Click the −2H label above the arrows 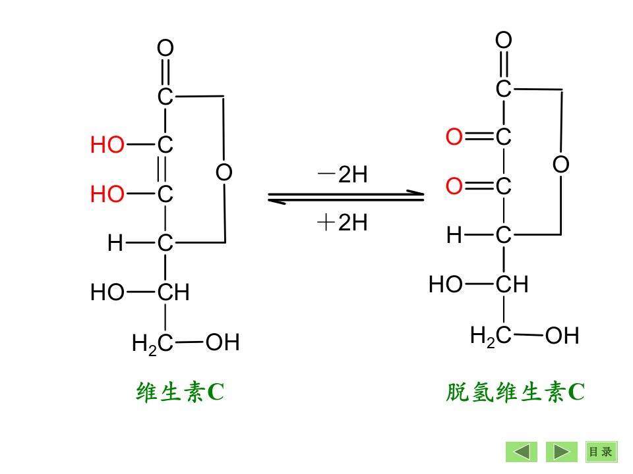(x=342, y=174)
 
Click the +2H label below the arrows (x=342, y=223)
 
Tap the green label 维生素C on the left (x=180, y=392)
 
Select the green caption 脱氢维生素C (x=516, y=392)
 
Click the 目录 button (x=601, y=452)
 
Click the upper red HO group (x=107, y=145)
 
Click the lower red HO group (x=107, y=194)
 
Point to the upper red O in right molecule (x=454, y=137)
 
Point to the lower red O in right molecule (x=454, y=186)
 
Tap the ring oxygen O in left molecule (x=224, y=172)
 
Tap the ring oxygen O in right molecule (x=561, y=165)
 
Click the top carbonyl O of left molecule (x=166, y=48)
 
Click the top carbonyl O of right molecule (x=504, y=40)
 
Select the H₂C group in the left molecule (x=152, y=344)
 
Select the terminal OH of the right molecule (x=562, y=336)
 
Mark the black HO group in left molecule (x=107, y=292)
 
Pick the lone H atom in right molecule (x=454, y=235)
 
